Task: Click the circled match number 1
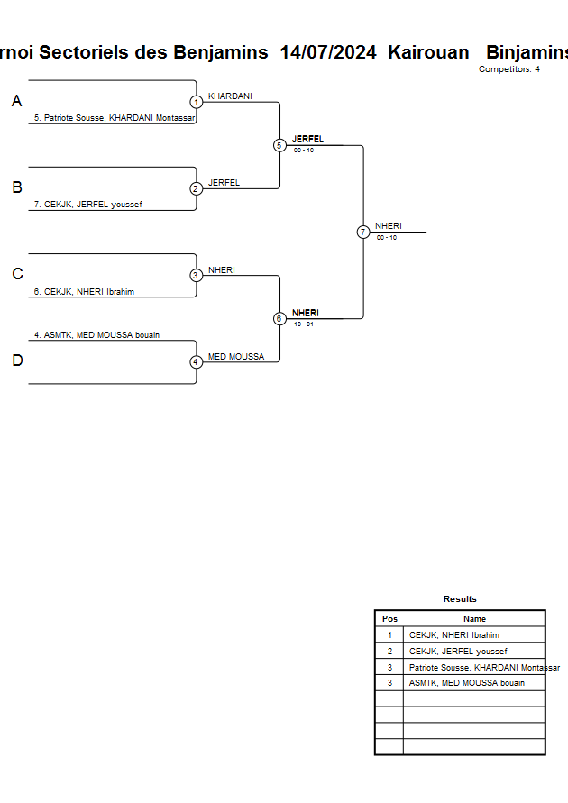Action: click(x=197, y=102)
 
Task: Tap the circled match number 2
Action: click(x=197, y=188)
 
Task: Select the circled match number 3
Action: click(x=197, y=275)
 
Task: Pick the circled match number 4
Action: click(x=197, y=361)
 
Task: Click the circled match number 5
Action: click(x=279, y=145)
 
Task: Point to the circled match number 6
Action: click(x=279, y=318)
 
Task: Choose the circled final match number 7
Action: click(x=363, y=232)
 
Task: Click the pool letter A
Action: click(x=16, y=102)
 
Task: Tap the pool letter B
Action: click(x=16, y=187)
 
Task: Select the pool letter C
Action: click(x=17, y=274)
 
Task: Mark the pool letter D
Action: click(x=17, y=360)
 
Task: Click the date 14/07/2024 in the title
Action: click(x=328, y=52)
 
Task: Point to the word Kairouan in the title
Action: click(x=426, y=52)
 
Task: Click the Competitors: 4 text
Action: click(x=509, y=69)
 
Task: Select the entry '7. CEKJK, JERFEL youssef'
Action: click(x=87, y=205)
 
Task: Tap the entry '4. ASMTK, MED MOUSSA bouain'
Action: click(x=96, y=335)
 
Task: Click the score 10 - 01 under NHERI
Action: click(x=303, y=324)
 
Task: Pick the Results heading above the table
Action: click(x=460, y=599)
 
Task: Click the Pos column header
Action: click(x=389, y=619)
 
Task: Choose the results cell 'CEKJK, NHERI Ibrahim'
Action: click(x=454, y=635)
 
